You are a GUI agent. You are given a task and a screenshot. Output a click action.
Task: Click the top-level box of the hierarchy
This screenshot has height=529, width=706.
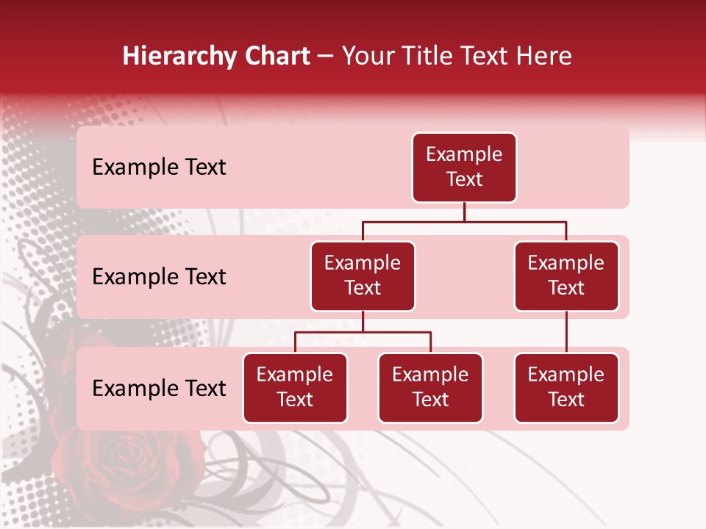click(464, 168)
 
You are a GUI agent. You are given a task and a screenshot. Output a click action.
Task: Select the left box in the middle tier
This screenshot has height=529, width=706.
click(363, 276)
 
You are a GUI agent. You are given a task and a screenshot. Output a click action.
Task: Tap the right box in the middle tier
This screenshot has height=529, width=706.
click(566, 276)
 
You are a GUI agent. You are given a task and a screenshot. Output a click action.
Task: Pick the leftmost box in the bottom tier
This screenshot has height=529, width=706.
click(295, 388)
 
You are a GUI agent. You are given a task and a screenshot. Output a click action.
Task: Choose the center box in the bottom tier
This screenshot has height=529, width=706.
click(430, 388)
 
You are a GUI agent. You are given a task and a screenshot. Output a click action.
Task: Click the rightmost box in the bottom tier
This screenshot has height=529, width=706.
click(566, 388)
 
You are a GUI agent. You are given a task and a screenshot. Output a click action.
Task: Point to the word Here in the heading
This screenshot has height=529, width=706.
click(544, 57)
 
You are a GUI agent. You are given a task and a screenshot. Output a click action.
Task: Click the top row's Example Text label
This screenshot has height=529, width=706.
click(159, 168)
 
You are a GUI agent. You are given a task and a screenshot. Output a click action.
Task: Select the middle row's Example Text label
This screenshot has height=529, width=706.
click(159, 277)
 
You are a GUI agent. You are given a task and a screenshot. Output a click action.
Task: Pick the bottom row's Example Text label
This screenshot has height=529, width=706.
click(159, 389)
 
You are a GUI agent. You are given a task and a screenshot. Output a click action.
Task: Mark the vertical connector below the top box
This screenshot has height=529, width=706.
click(464, 212)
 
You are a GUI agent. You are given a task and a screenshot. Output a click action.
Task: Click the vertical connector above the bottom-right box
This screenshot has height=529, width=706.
click(566, 332)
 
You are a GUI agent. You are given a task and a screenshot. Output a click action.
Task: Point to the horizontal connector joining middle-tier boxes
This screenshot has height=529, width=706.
click(464, 221)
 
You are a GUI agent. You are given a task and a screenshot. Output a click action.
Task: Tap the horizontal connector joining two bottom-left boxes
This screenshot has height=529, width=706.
click(363, 332)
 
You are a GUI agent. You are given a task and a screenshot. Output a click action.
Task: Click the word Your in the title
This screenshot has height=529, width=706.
click(367, 57)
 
